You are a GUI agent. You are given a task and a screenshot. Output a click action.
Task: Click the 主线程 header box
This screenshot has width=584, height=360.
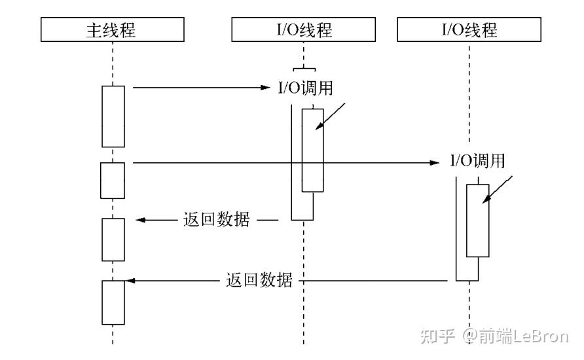tap(113, 29)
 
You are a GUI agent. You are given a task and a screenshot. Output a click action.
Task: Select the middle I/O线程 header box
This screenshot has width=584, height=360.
tap(303, 29)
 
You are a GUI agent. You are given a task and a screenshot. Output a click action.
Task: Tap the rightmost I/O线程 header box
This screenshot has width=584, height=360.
tap(469, 29)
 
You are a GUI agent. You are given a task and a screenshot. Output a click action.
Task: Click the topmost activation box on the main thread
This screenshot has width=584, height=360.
tap(113, 116)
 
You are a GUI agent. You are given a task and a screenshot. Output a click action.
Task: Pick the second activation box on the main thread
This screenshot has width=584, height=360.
tap(112, 181)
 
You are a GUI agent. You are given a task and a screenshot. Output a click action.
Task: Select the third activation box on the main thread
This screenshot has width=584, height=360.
tap(113, 239)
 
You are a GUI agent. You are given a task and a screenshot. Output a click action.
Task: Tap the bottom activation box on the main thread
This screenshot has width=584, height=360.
tap(113, 302)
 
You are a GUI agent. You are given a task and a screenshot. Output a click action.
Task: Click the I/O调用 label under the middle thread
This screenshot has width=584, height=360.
tap(305, 88)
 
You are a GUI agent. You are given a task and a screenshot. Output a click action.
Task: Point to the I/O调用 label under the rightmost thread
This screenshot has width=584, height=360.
tap(477, 161)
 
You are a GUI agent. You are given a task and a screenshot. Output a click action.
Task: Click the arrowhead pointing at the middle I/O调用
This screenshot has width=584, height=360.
tap(264, 87)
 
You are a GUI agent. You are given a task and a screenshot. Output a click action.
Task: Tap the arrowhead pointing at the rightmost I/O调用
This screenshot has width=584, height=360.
tap(435, 162)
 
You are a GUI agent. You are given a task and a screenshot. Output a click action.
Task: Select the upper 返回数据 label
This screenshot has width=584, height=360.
tap(217, 220)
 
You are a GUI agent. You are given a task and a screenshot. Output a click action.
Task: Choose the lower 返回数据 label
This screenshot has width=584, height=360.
tap(259, 280)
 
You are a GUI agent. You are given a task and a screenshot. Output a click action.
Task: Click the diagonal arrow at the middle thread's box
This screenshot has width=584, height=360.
tap(331, 119)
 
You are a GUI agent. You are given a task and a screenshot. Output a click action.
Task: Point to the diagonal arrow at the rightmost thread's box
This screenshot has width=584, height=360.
tap(498, 191)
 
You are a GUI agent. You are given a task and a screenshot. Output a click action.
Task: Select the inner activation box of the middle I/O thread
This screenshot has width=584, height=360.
tap(312, 150)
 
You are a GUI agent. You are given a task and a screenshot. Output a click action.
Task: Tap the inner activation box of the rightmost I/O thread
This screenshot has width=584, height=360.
tap(477, 221)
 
